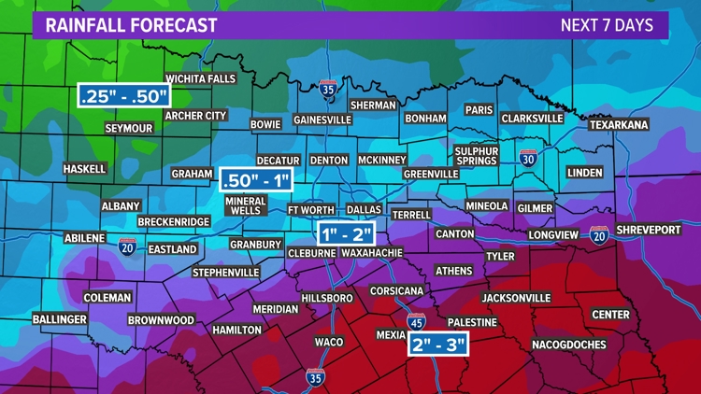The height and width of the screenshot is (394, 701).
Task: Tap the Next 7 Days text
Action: pos(607,25)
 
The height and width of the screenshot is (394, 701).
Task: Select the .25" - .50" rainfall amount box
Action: pos(124,95)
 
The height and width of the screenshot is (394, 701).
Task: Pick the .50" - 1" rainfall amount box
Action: pos(256,178)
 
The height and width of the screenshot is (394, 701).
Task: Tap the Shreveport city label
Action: pos(650,230)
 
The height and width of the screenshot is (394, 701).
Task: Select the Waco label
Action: pos(328,343)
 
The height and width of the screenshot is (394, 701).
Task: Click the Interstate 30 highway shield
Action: pos(528,159)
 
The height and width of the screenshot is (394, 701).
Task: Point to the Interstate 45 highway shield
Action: pos(417,322)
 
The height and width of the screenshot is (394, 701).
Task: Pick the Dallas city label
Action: pos(365,210)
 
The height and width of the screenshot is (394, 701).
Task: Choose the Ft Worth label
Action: pos(309,210)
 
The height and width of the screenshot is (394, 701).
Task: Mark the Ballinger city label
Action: pos(61,319)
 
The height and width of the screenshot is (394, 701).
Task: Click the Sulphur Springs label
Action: pos(477,156)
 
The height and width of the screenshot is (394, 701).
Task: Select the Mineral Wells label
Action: pos(246,205)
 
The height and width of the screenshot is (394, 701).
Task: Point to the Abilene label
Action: pos(84,238)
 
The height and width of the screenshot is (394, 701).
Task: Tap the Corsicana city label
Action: pos(396,291)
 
